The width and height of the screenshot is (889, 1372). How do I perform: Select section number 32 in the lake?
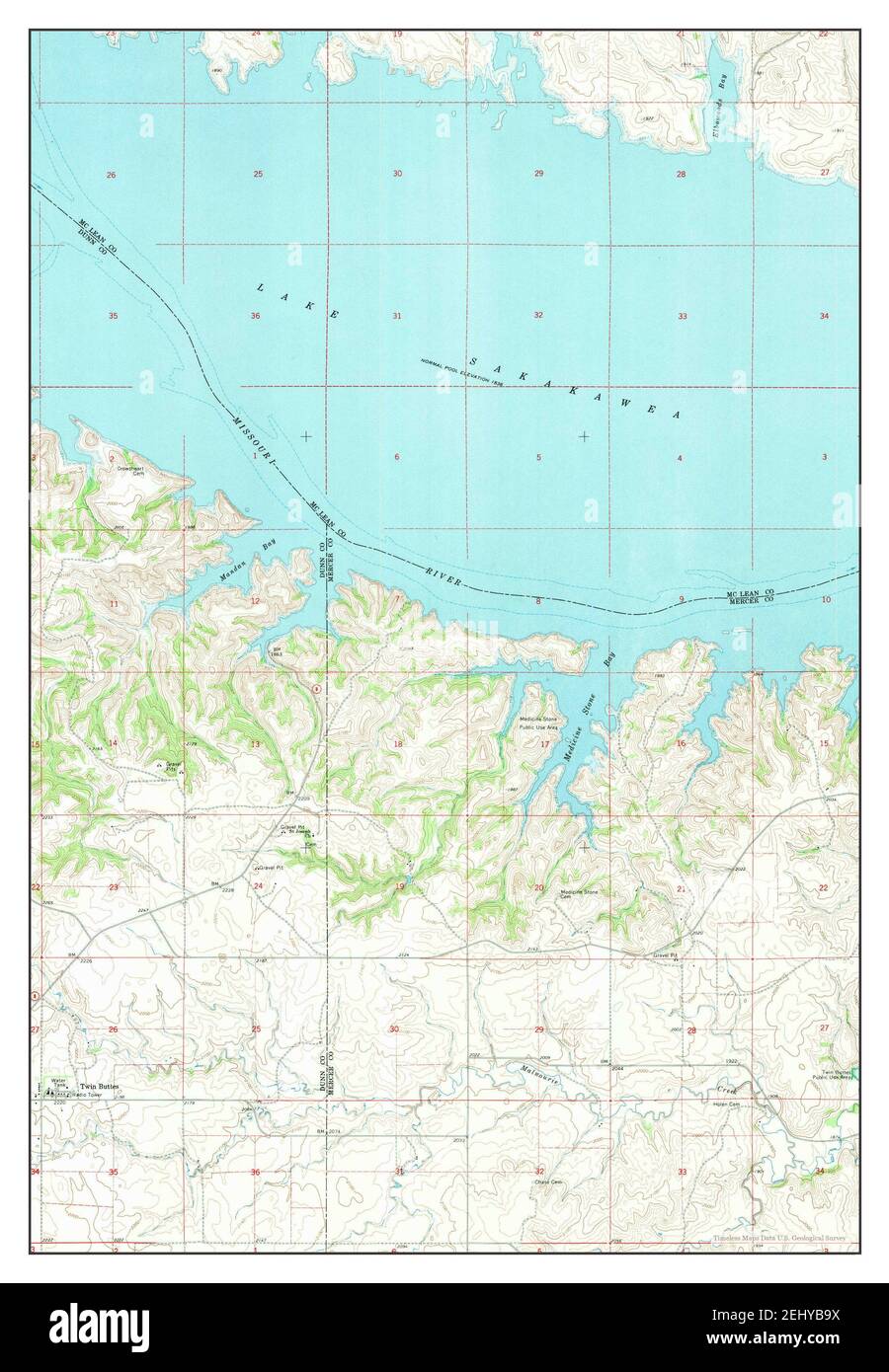click(538, 316)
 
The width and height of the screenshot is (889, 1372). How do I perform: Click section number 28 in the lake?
click(681, 175)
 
